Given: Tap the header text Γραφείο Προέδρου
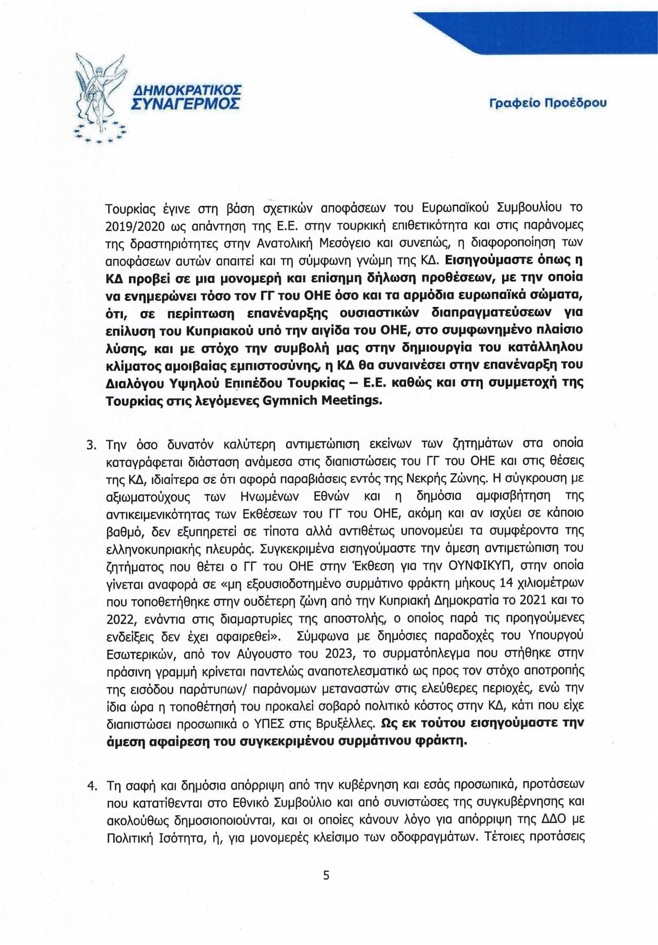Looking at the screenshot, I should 547,103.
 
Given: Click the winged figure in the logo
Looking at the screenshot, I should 99,93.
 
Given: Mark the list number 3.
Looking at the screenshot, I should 91,445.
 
